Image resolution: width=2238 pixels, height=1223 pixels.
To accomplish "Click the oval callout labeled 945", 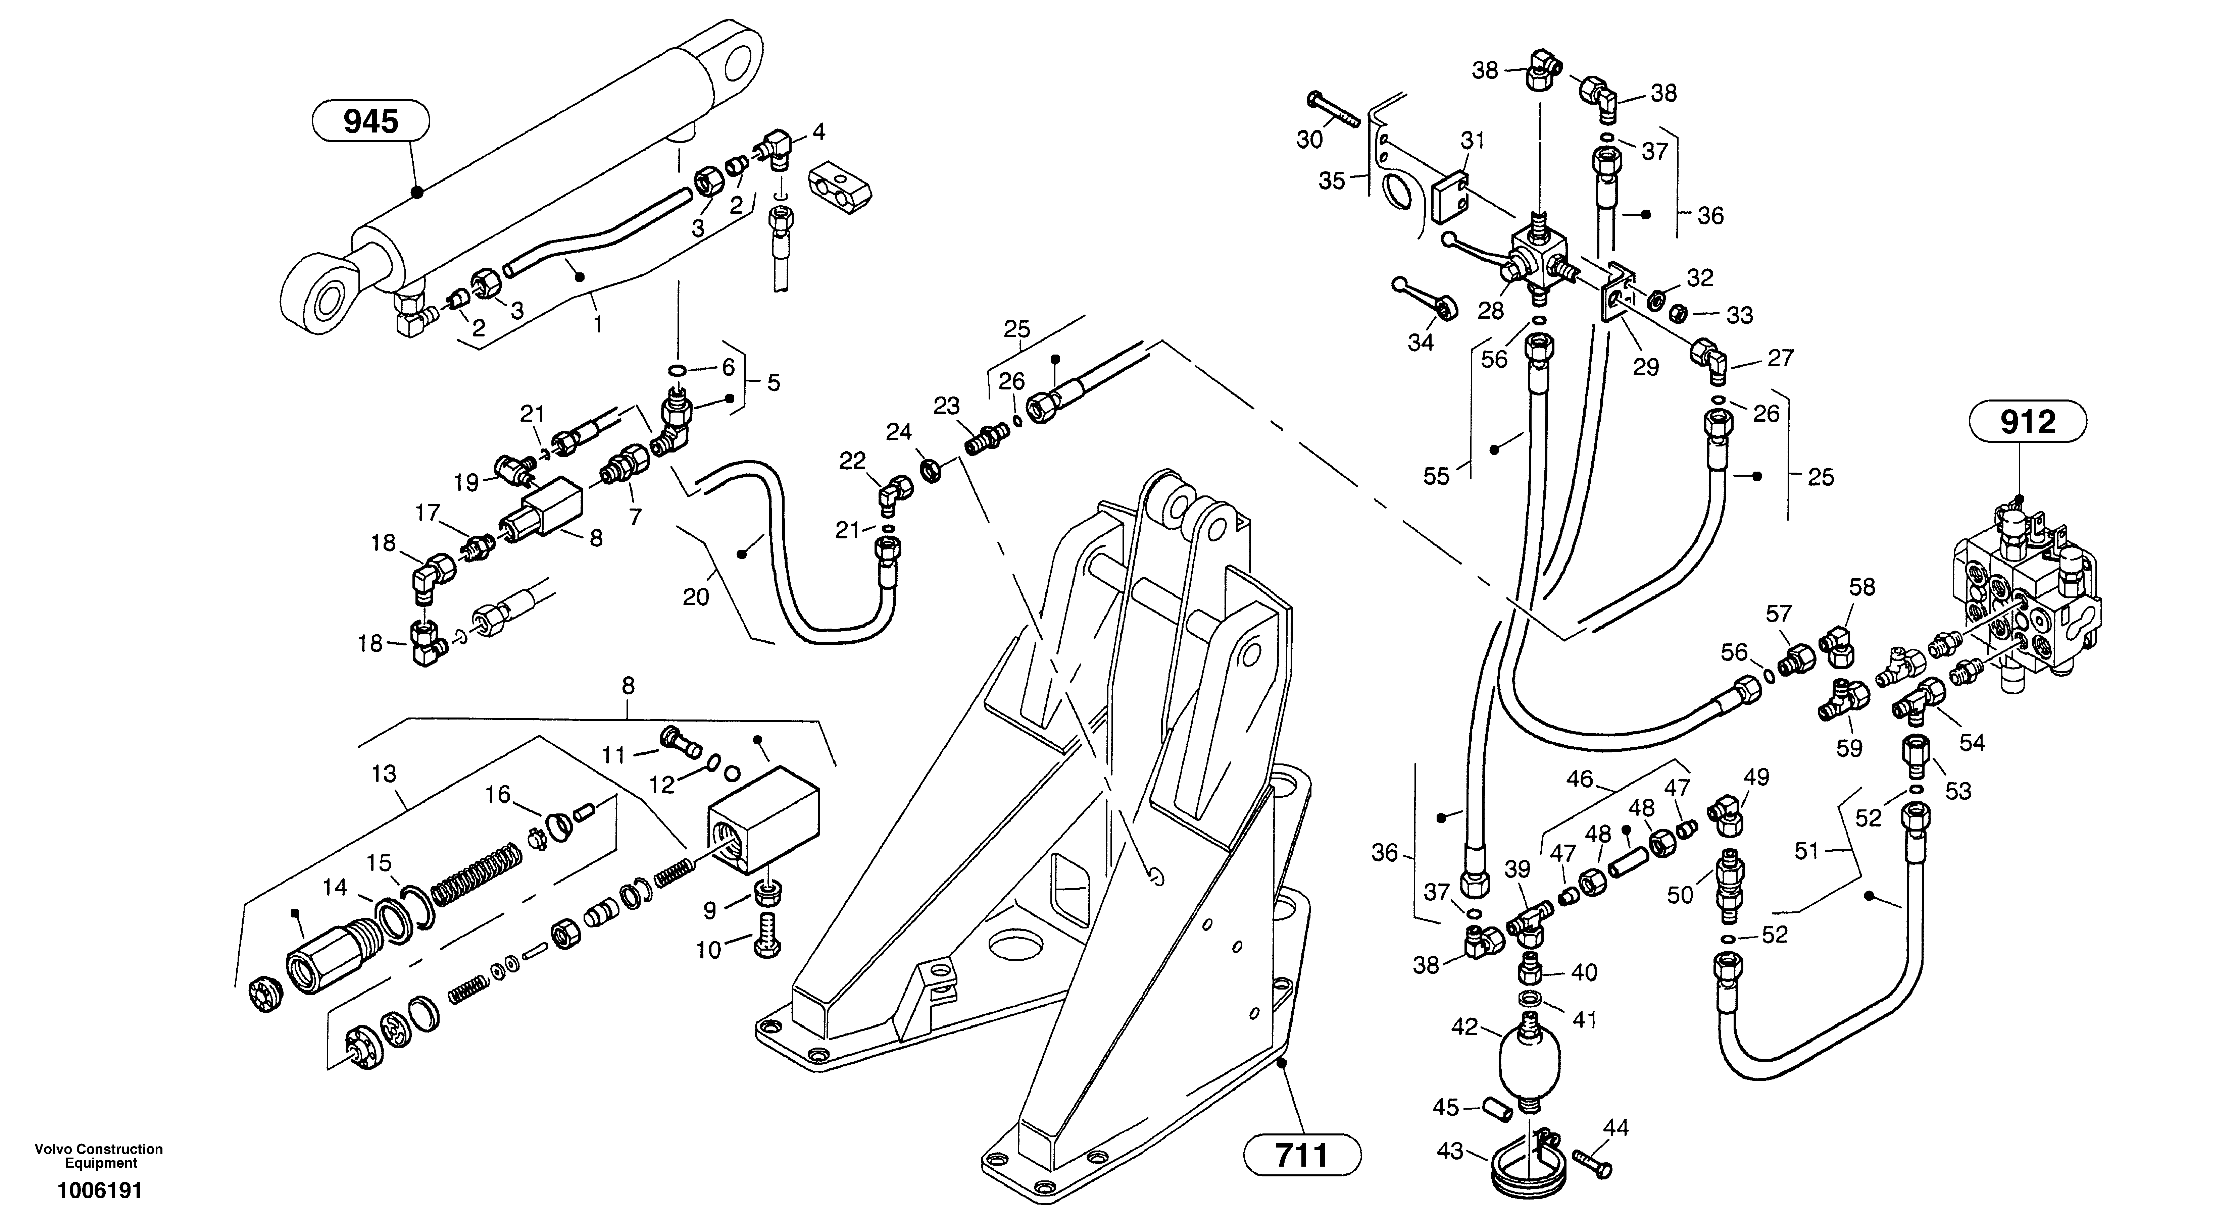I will tap(371, 122).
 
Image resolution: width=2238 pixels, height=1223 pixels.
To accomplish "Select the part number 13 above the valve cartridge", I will tap(384, 774).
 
